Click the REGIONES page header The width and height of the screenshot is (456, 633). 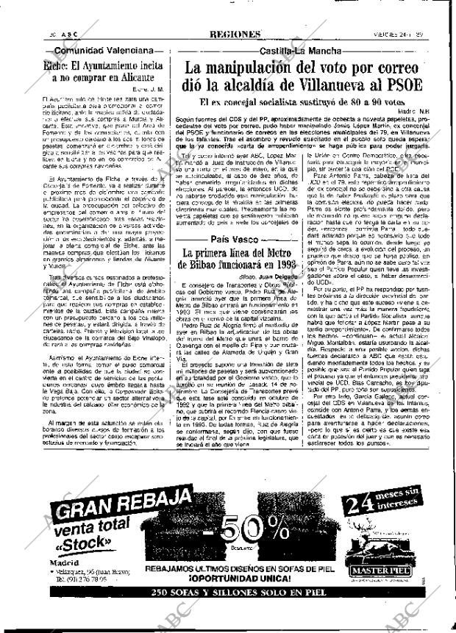235,35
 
